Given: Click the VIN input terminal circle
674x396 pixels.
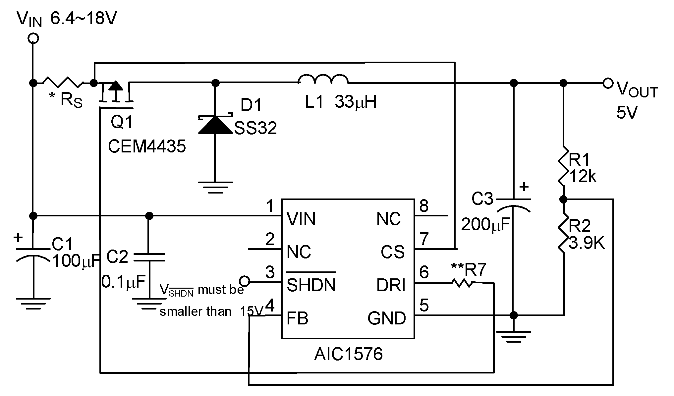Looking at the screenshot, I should (x=33, y=38).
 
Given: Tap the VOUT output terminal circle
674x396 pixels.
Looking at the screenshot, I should (x=608, y=83).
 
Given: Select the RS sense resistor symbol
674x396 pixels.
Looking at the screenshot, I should (x=63, y=82).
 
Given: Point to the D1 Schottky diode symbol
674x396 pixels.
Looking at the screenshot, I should (x=215, y=125).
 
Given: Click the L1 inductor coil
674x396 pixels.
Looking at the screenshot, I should (x=323, y=80).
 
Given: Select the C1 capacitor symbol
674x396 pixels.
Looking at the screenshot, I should (x=33, y=253).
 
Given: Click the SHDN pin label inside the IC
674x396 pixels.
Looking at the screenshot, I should (x=311, y=285).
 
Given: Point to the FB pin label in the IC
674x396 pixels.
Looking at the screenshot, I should (x=297, y=318).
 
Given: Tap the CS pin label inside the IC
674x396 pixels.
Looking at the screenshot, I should (x=392, y=252).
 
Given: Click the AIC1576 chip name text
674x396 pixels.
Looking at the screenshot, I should (x=348, y=354).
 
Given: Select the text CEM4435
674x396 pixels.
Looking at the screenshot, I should (x=147, y=146).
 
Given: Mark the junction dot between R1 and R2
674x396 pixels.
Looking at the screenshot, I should (x=563, y=199).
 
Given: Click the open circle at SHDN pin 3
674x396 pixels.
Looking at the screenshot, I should (x=244, y=282).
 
